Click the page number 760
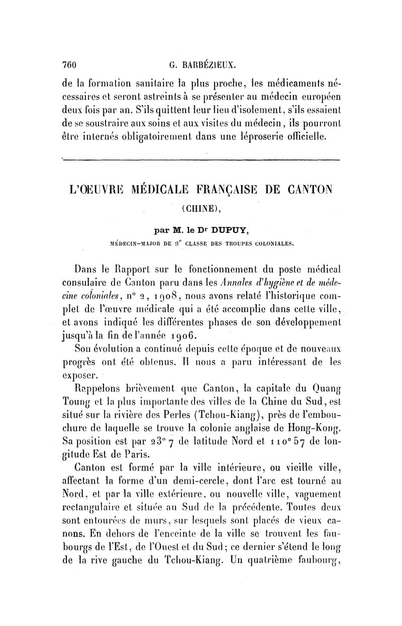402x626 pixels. [68, 64]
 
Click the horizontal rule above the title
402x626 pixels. [201, 160]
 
